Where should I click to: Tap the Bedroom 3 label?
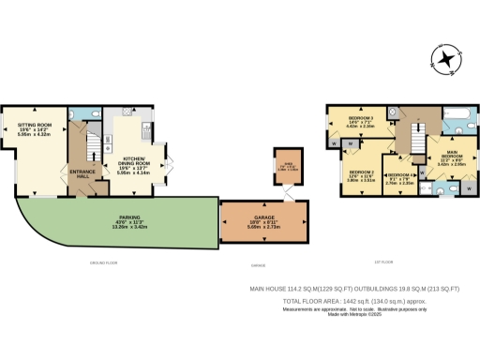(362, 119)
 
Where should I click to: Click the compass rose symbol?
(446, 62)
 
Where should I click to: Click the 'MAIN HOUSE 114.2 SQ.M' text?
(300, 291)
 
